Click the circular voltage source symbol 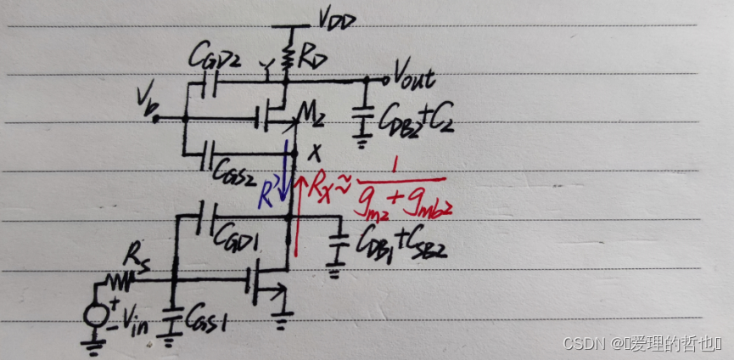(x=95, y=313)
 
